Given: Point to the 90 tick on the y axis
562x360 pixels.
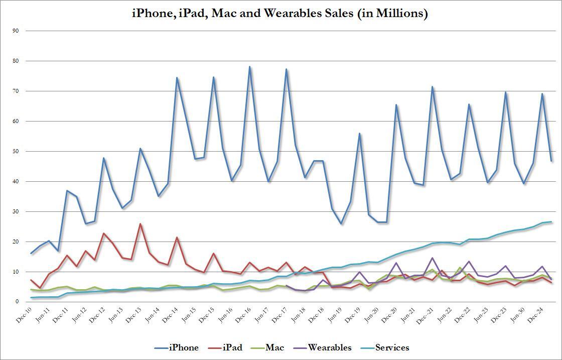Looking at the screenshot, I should tap(16, 31).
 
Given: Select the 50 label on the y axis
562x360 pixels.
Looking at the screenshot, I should tap(16, 151).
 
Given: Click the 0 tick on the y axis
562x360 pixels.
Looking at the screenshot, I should tap(17, 302).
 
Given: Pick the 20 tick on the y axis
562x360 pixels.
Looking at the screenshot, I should tap(16, 242).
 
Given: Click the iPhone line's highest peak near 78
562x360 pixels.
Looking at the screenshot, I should tap(249, 67).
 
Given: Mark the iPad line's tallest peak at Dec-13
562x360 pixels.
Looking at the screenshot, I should tap(140, 224).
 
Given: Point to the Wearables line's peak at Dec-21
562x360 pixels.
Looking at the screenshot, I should tap(432, 258).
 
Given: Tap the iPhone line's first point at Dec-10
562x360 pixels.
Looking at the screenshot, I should tap(31, 253).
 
